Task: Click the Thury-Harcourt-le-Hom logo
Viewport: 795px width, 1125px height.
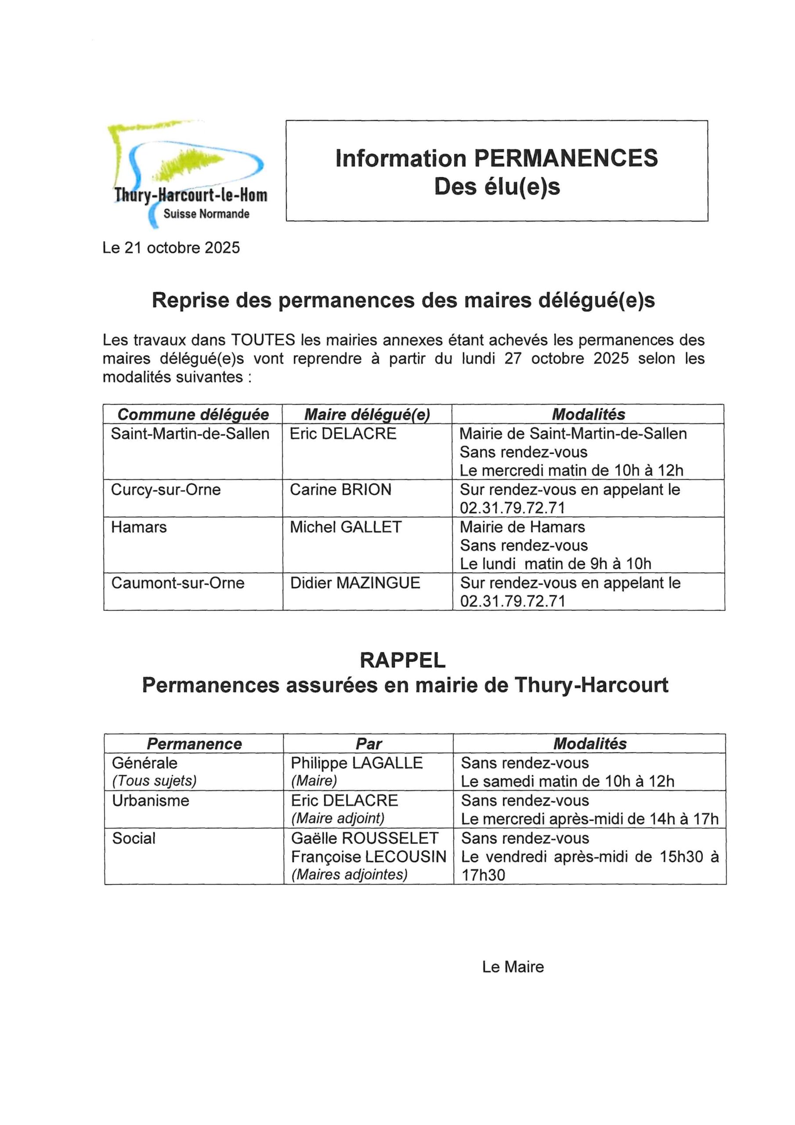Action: point(188,174)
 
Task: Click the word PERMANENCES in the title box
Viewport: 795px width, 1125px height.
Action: point(566,158)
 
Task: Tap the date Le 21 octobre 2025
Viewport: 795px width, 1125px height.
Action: point(171,248)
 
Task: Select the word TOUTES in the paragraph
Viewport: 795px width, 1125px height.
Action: point(263,340)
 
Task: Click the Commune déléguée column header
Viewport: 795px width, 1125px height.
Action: point(193,414)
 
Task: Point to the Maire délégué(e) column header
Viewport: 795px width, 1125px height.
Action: point(367,414)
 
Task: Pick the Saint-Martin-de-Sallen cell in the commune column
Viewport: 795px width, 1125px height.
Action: point(190,434)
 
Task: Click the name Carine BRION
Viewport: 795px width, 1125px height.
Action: point(340,490)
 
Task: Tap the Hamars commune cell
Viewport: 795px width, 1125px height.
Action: point(139,527)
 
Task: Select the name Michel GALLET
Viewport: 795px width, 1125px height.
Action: point(345,527)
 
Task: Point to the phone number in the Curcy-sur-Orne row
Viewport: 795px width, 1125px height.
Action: point(513,508)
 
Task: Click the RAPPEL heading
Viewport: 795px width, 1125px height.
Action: point(403,660)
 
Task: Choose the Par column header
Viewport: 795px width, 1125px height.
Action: point(369,744)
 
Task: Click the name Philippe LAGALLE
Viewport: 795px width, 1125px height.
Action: point(357,763)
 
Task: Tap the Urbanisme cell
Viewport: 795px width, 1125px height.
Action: point(150,801)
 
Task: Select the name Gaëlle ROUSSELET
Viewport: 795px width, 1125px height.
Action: point(365,838)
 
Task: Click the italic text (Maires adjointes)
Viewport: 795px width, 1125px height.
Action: point(349,875)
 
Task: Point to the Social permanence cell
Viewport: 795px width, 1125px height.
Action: point(134,838)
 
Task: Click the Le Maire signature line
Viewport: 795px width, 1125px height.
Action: point(513,967)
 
